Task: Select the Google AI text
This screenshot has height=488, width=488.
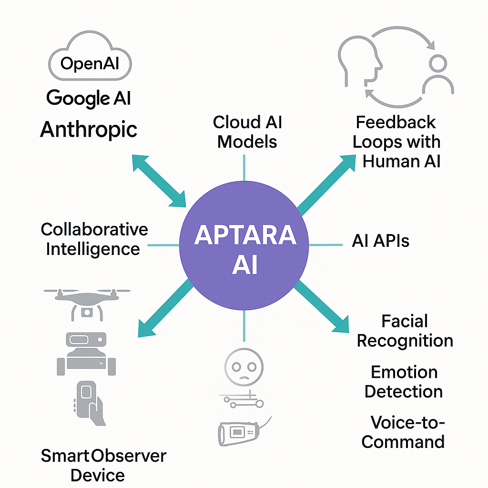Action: (89, 98)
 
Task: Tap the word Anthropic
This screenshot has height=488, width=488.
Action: (89, 129)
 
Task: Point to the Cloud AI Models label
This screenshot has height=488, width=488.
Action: (247, 132)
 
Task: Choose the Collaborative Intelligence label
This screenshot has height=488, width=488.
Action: (94, 239)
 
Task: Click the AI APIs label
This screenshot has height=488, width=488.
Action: (380, 241)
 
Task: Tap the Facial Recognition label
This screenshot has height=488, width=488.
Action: (405, 331)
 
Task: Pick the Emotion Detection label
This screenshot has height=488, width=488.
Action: (404, 382)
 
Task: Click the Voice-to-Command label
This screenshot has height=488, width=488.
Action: (403, 432)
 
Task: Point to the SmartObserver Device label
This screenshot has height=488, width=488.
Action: (103, 465)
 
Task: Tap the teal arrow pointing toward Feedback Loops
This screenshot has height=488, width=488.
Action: (326, 183)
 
